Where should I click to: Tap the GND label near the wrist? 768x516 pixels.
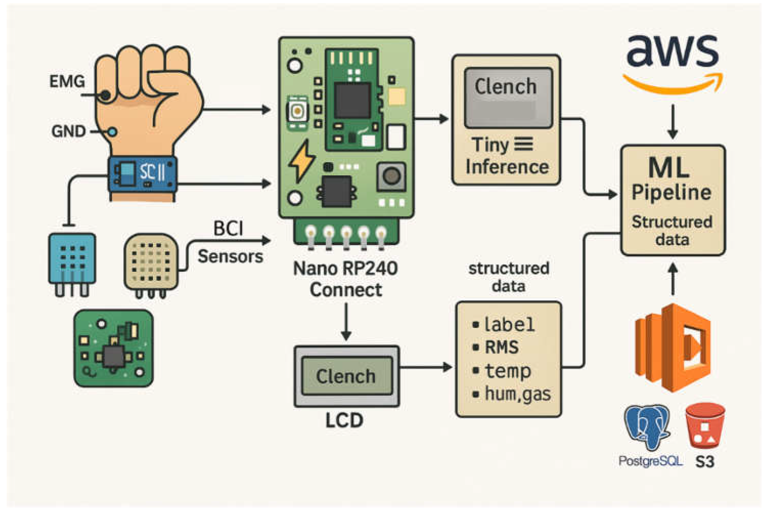(69, 131)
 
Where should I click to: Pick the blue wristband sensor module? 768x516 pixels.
(142, 174)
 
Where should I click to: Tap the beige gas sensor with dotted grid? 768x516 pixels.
(151, 262)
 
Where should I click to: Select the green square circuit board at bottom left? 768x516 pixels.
(114, 348)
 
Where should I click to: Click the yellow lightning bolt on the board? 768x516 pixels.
(301, 161)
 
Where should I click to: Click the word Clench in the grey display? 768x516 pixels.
(506, 86)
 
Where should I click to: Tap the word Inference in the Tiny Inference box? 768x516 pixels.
(507, 167)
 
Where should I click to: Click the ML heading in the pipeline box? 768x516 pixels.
(669, 168)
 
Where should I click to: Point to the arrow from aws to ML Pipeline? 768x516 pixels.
(673, 122)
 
